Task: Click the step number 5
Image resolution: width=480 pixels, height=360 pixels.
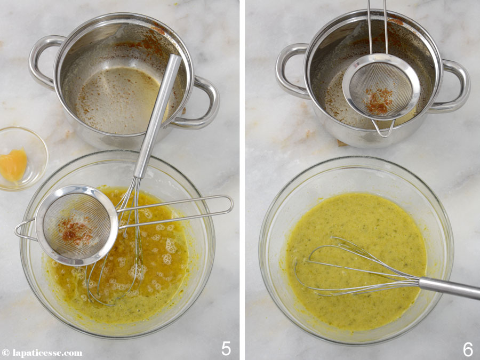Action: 226,349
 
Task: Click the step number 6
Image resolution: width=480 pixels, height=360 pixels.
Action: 468,349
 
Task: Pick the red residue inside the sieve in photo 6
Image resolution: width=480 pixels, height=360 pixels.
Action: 379,101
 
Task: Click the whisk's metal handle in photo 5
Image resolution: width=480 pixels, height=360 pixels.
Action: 157,116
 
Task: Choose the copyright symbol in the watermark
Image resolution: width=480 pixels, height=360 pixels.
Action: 5,353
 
